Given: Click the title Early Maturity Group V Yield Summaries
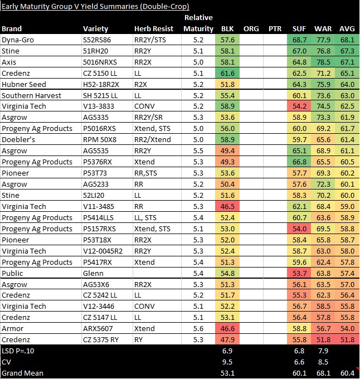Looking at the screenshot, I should [95, 7].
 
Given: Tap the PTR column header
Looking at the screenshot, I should [275, 28].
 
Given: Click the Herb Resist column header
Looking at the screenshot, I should [154, 28].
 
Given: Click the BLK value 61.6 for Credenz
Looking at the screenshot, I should [227, 73].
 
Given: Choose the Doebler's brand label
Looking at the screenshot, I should [18, 140].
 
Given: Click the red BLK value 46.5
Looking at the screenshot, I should [227, 207].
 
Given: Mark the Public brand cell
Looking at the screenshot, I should [12, 274].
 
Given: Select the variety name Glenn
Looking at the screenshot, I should [93, 274].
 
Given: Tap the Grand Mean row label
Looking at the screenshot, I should [23, 373].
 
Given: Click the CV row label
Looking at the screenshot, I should [7, 362].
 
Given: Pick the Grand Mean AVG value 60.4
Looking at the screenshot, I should [347, 373].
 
